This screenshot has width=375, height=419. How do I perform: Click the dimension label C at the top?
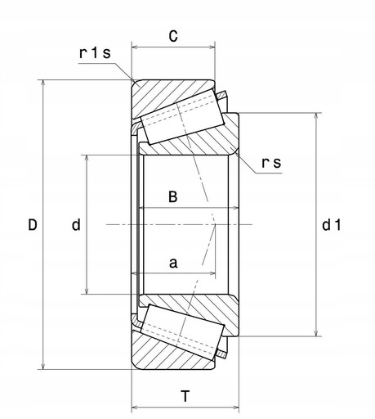(173, 36)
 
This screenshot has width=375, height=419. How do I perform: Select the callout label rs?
(271, 163)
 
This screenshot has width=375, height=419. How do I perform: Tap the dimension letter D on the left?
(32, 224)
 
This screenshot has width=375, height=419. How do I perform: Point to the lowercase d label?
(75, 224)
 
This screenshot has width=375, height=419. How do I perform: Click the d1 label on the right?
(331, 224)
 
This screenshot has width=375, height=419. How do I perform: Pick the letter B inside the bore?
(172, 197)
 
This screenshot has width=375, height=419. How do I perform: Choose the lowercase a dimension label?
(172, 263)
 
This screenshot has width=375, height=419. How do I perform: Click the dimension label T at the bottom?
(185, 397)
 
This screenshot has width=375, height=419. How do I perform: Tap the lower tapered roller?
(181, 332)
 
